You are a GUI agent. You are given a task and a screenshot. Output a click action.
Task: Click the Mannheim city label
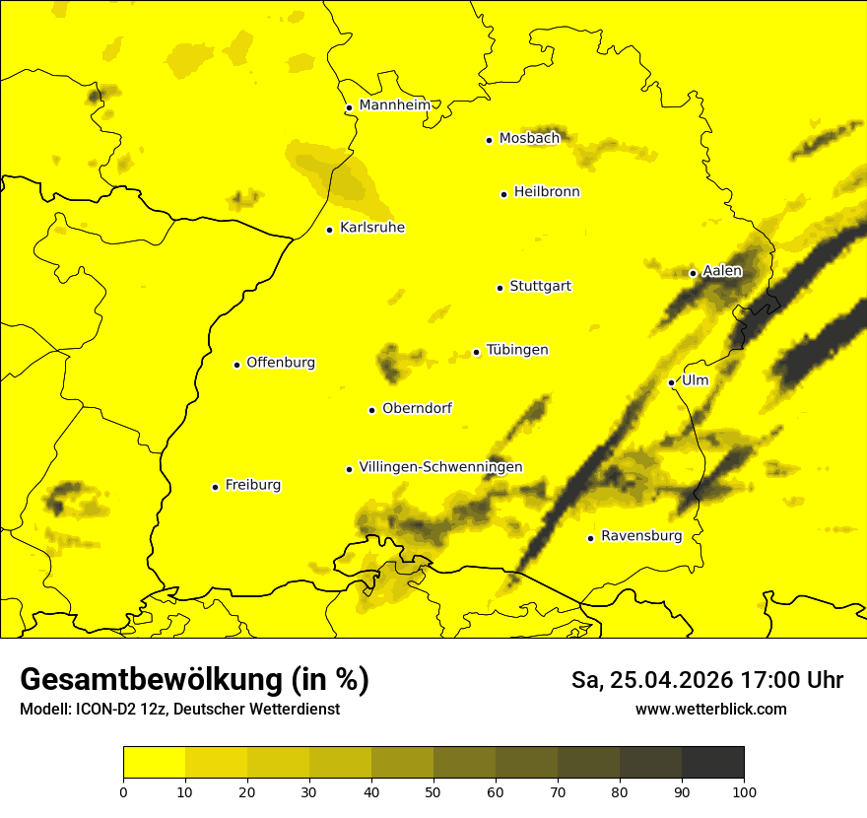click(x=394, y=105)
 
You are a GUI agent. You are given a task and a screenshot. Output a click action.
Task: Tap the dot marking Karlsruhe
click(x=330, y=230)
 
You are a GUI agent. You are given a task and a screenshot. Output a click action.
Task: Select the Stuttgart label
click(x=540, y=287)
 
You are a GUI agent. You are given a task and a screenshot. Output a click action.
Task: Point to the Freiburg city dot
click(x=215, y=487)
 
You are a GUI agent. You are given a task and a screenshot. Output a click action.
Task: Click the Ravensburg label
click(x=641, y=537)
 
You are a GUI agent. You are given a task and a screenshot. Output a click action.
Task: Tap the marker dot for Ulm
click(x=672, y=382)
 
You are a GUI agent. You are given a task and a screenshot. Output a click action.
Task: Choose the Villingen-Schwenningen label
click(x=440, y=467)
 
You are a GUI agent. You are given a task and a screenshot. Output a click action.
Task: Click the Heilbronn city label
click(x=547, y=192)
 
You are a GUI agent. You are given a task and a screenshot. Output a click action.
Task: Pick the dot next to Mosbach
click(x=489, y=140)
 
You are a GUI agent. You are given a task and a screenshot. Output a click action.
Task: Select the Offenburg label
click(x=281, y=363)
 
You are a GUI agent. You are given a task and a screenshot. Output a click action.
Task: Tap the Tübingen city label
click(x=517, y=350)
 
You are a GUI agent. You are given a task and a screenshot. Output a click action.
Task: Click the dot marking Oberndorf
click(x=371, y=410)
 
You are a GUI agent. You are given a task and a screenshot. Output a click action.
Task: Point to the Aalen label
click(x=722, y=271)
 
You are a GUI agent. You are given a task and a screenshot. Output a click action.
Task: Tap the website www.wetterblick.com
click(x=711, y=709)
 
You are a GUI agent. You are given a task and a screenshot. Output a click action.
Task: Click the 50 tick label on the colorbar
click(x=433, y=791)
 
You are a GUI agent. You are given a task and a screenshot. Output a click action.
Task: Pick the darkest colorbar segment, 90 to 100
click(x=712, y=763)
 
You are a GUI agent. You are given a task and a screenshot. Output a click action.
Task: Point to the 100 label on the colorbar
click(x=744, y=791)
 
